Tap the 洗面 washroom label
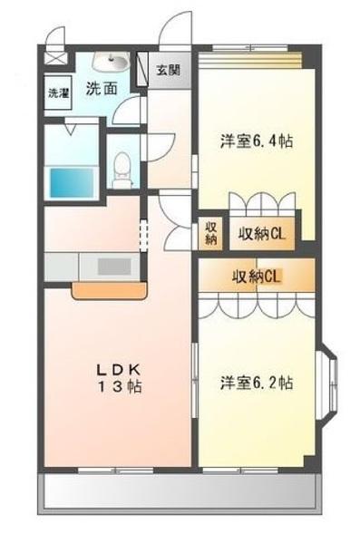pos(102,89)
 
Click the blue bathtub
pos(71,180)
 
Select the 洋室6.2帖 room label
pos(256,382)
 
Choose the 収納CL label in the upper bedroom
pos(263,233)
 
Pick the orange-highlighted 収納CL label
pos(258,277)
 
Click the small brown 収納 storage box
pos(210,232)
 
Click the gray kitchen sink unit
pos(112,266)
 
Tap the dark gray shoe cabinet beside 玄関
pos(142,70)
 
